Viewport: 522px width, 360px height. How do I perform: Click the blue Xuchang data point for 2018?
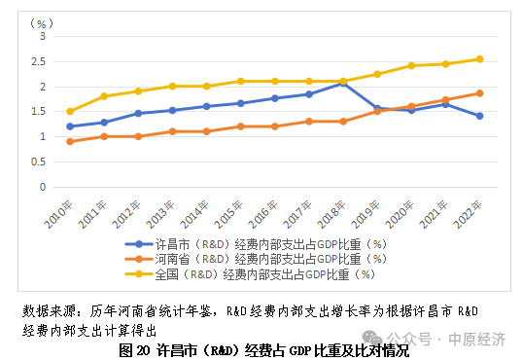343,84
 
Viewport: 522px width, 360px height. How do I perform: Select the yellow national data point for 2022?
480,59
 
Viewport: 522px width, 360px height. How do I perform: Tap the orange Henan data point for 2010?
70,142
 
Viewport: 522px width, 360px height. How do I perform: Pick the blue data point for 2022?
480,116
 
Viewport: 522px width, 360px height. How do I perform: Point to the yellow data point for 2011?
104,96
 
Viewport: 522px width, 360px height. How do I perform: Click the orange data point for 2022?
480,93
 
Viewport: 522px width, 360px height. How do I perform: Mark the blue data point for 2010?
70,126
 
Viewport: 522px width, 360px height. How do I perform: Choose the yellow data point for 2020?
411,65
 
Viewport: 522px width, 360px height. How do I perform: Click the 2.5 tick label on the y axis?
38,61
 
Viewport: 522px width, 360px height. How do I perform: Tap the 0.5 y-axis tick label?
38,162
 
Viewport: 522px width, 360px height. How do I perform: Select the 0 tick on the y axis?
43,187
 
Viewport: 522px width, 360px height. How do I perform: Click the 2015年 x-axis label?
228,214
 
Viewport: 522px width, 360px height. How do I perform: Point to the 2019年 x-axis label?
365,214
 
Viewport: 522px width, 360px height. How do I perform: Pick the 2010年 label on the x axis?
58,214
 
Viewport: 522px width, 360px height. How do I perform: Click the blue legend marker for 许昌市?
139,244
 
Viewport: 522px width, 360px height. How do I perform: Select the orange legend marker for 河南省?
139,259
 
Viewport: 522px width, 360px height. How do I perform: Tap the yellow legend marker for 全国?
139,274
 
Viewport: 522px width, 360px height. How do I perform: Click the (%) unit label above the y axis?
41,23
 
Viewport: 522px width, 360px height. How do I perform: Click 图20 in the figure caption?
134,350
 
